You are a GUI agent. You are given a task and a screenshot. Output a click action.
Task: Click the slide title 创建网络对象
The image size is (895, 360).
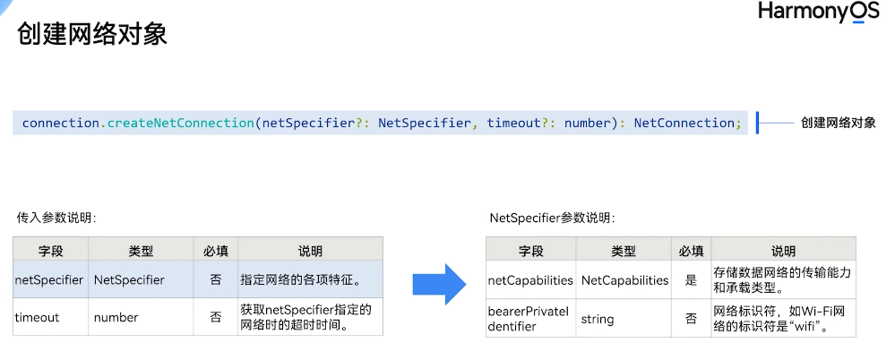pyautogui.click(x=92, y=35)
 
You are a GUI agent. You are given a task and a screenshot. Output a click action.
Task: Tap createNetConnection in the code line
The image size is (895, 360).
pyautogui.click(x=180, y=123)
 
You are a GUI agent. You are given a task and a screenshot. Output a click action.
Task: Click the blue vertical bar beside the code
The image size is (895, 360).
pyautogui.click(x=757, y=123)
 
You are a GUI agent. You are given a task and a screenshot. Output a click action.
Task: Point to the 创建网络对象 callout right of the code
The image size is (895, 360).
pyautogui.click(x=838, y=123)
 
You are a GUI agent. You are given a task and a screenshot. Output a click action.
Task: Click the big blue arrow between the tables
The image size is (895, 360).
pyautogui.click(x=439, y=284)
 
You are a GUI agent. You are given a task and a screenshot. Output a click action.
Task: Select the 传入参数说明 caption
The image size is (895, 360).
pyautogui.click(x=56, y=218)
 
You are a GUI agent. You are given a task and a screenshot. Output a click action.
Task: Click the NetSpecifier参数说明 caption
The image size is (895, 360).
pyautogui.click(x=553, y=218)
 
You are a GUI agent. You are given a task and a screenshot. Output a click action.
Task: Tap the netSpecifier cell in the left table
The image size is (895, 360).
pyautogui.click(x=50, y=280)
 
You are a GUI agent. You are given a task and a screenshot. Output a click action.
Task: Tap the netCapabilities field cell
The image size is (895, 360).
pyautogui.click(x=530, y=280)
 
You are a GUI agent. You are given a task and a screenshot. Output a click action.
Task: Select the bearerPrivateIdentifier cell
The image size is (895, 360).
pyautogui.click(x=529, y=319)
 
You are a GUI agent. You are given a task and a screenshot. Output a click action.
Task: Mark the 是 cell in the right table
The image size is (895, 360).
pyautogui.click(x=690, y=280)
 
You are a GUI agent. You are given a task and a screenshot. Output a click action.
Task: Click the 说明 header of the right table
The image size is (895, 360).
pyautogui.click(x=783, y=252)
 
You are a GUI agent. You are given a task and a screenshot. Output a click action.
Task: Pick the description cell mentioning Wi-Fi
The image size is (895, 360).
pyautogui.click(x=782, y=319)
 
